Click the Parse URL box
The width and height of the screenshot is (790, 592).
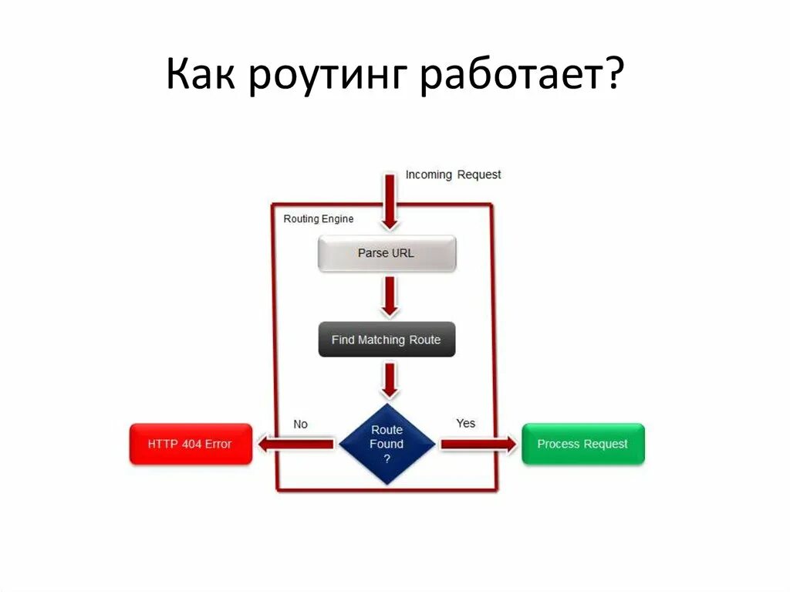(387, 253)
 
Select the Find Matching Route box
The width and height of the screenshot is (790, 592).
(387, 340)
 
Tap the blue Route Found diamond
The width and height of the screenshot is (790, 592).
(387, 444)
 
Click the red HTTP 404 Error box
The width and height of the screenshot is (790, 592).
(191, 444)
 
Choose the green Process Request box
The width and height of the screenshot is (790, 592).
(582, 444)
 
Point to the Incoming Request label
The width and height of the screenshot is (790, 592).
(453, 174)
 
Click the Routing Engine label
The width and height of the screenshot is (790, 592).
(319, 219)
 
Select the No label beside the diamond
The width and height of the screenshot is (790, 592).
(300, 424)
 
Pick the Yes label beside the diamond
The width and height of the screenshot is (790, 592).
(466, 423)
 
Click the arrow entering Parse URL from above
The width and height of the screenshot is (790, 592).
(390, 201)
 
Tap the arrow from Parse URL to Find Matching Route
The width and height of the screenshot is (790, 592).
(390, 296)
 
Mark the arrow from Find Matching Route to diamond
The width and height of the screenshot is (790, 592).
(390, 380)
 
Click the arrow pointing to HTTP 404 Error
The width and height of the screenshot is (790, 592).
(296, 444)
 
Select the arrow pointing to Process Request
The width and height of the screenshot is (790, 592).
(478, 444)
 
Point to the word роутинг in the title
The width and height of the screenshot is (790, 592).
(330, 77)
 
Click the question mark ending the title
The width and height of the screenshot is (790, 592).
(613, 76)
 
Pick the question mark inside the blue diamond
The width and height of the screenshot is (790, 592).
(387, 458)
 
